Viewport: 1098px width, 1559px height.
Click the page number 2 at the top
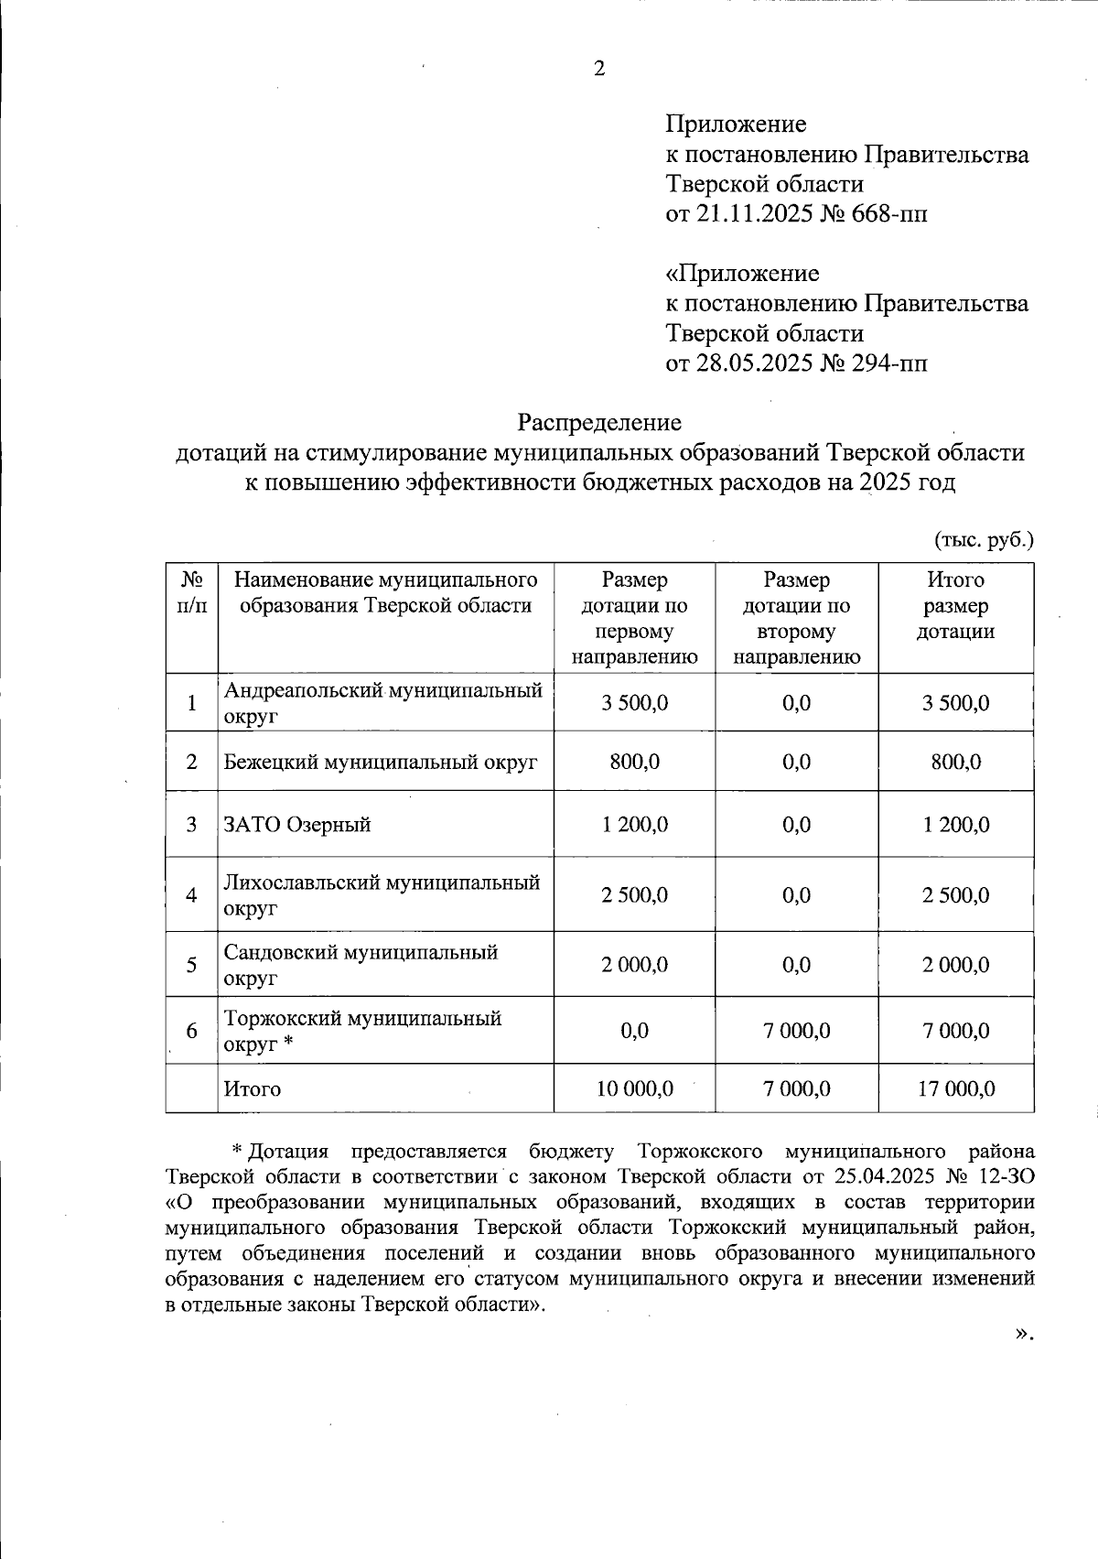[599, 69]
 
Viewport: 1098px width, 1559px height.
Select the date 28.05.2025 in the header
[754, 363]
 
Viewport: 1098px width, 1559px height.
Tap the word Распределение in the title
[599, 422]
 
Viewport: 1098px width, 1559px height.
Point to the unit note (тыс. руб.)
[984, 539]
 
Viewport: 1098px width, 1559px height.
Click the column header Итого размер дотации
[955, 605]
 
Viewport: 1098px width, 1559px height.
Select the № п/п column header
[191, 592]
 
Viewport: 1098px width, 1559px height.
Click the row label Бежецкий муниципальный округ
[381, 762]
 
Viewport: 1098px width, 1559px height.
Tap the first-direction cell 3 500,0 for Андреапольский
[634, 703]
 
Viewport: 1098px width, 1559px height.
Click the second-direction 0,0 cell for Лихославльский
[796, 895]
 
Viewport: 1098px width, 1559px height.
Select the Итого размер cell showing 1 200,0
[955, 824]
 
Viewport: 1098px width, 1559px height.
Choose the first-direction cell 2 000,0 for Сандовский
[634, 965]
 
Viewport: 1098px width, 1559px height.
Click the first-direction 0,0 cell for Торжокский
[634, 1031]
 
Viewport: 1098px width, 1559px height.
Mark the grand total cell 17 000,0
[955, 1088]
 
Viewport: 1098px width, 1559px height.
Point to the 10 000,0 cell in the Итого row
[634, 1088]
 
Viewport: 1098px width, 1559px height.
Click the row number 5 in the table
[191, 965]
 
